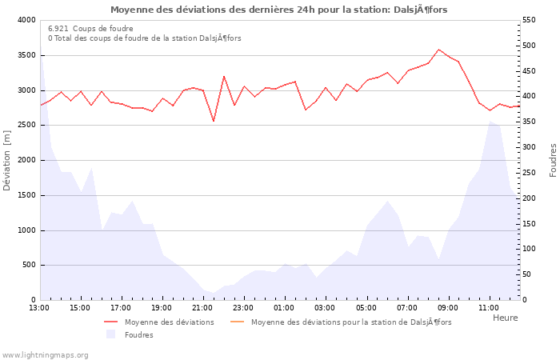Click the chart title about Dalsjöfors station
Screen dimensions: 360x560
pos(279,10)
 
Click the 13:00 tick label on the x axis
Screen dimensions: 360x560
pos(39,307)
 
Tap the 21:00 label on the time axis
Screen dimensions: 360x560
pos(203,307)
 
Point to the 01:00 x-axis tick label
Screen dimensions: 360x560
pos(285,307)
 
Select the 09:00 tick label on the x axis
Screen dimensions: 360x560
pos(448,307)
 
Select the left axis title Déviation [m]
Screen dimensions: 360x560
pos(7,161)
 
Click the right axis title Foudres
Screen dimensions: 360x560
pos(553,160)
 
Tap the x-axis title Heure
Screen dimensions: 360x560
pos(505,318)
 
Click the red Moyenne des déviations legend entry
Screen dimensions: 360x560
pos(159,322)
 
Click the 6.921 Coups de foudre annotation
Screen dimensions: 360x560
pos(90,28)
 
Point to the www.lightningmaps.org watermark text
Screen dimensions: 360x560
pos(45,355)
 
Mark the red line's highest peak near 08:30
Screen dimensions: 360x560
pos(438,50)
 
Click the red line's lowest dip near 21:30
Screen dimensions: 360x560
pos(214,122)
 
